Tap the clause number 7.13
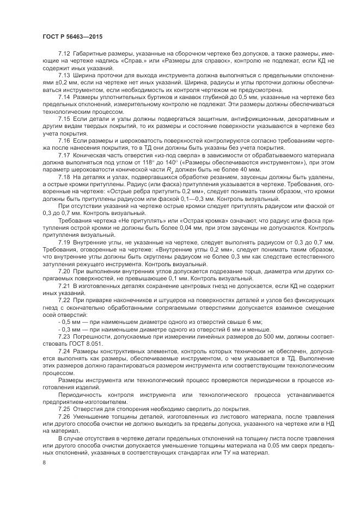point(64,74)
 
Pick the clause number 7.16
point(64,140)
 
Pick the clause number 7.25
point(64,408)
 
